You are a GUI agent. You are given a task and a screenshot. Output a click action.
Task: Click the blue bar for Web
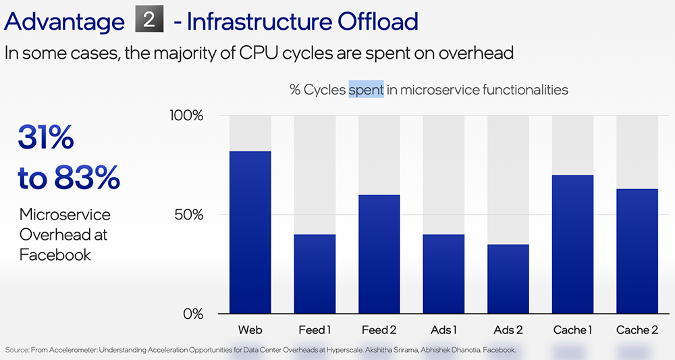[x=250, y=232]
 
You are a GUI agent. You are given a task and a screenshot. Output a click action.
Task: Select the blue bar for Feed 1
[x=315, y=274]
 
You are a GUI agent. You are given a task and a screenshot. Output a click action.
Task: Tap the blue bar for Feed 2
[x=379, y=254]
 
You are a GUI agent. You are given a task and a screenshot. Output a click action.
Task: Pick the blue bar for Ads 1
[x=443, y=274]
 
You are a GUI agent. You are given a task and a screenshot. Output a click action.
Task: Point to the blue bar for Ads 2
[x=508, y=278]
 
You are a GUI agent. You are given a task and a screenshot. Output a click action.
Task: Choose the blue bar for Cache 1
[x=572, y=244]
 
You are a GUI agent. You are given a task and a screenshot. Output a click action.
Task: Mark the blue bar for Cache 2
[x=637, y=251]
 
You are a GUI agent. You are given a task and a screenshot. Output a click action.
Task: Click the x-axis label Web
[x=250, y=330]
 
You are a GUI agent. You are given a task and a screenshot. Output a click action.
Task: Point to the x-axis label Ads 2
[x=508, y=330]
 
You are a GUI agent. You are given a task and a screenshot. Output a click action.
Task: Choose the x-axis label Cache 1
[x=572, y=330]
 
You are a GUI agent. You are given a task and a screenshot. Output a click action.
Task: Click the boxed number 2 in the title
[x=149, y=20]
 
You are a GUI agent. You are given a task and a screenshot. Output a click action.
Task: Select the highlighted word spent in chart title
[x=366, y=90]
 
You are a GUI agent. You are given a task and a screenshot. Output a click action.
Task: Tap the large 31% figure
[x=46, y=138]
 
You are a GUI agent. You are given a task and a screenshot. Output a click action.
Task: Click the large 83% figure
[x=87, y=178]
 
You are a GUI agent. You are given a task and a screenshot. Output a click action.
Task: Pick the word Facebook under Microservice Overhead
[x=55, y=255]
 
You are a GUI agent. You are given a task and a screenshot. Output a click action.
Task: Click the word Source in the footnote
[x=18, y=350]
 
